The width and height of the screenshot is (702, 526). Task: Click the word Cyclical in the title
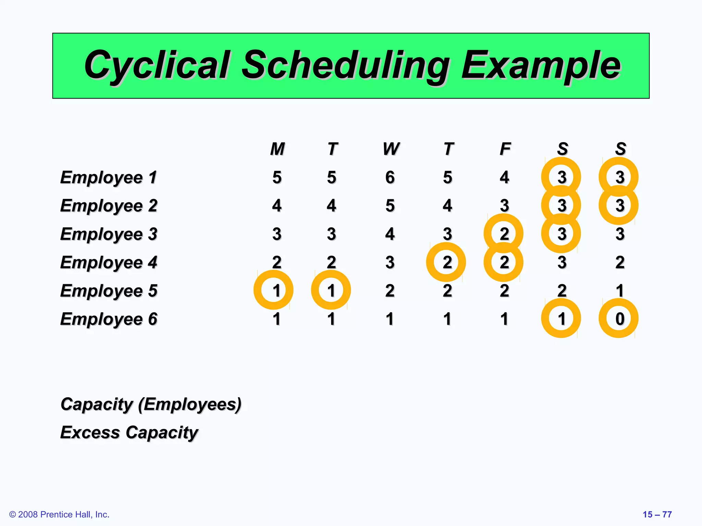(x=157, y=65)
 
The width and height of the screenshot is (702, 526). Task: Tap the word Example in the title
(x=541, y=65)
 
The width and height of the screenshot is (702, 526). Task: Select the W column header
(x=391, y=149)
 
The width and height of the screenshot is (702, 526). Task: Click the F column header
(x=505, y=149)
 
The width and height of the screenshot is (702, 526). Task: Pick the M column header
(x=277, y=149)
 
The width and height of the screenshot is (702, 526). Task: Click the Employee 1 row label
(x=109, y=177)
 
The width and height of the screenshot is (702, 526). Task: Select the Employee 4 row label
(x=109, y=263)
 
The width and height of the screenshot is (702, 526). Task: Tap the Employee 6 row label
(x=109, y=319)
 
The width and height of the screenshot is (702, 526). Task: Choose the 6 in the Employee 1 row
(x=390, y=177)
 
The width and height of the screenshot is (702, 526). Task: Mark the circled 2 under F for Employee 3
(x=504, y=234)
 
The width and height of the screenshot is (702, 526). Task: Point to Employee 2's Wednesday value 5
(x=390, y=206)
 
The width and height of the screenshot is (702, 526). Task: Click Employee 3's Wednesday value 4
(x=390, y=234)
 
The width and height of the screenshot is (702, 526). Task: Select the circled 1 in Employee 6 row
(x=561, y=319)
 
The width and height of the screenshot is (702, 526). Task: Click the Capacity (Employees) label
(x=151, y=404)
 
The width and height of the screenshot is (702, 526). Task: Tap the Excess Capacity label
(x=129, y=433)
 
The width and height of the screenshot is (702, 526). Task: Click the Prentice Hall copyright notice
(x=59, y=514)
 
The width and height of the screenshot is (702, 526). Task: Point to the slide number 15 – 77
(x=657, y=514)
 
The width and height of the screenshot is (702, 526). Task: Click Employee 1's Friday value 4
(x=504, y=177)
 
